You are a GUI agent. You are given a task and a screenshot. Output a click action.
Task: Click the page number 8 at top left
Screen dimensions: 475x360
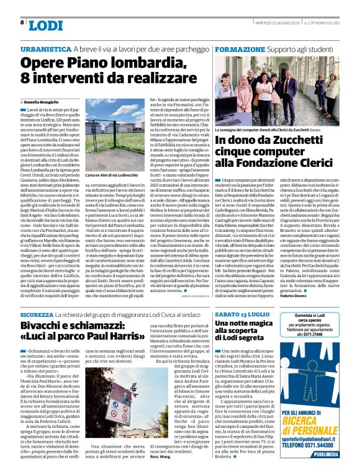[x=23, y=23]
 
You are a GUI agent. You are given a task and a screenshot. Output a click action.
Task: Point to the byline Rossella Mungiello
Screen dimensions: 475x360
[x=42, y=101]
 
